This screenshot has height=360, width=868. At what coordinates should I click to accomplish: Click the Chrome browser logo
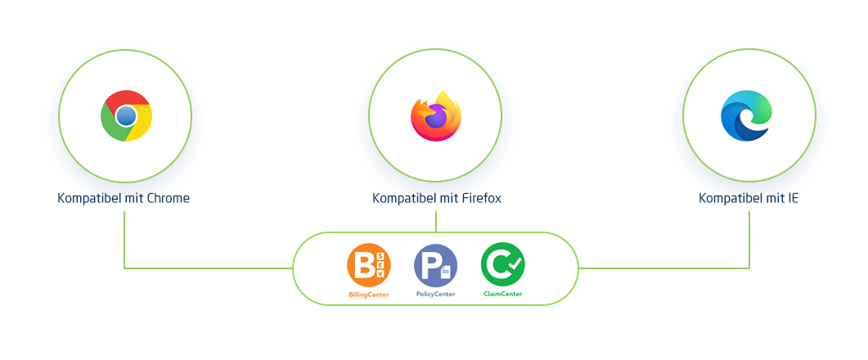[x=126, y=115]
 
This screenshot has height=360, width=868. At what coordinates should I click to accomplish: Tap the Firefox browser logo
[x=436, y=115]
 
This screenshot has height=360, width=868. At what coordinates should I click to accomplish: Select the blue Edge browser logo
[x=746, y=115]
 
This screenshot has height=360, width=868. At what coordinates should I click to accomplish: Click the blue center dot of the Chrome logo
[x=126, y=115]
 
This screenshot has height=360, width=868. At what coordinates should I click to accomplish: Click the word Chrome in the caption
[x=169, y=198]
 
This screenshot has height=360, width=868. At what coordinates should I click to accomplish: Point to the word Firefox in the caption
[x=481, y=198]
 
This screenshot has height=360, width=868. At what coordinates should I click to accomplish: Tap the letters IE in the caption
[x=794, y=198]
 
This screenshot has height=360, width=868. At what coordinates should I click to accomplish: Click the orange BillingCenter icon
[x=369, y=265]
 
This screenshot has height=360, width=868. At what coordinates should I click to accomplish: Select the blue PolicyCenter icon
[x=436, y=265]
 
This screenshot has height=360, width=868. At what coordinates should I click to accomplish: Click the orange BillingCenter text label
[x=369, y=294]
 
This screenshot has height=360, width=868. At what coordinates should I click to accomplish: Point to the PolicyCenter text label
[x=436, y=294]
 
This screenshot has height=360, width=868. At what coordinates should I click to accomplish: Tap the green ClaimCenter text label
[x=502, y=294]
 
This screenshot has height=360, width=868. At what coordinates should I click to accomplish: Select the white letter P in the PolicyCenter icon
[x=430, y=265]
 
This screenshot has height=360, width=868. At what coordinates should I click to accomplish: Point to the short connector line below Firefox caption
[x=436, y=221]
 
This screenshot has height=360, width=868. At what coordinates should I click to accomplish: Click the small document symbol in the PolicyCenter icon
[x=446, y=272]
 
